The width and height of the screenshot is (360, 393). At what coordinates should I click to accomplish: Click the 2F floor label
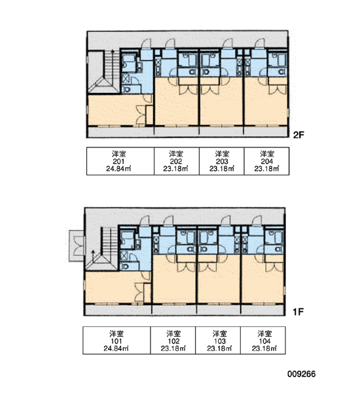[x=298, y=135]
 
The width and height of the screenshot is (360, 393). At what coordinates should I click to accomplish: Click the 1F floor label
[x=298, y=312]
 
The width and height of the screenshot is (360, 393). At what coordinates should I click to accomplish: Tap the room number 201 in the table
[x=118, y=161]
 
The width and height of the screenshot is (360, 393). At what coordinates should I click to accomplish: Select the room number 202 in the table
[x=175, y=161]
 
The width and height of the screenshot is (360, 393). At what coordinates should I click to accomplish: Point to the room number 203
[x=222, y=161]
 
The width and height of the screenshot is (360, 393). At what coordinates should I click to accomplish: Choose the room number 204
[x=267, y=161]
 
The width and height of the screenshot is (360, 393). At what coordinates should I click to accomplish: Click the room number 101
[x=117, y=341]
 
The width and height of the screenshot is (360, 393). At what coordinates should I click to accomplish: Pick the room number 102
[x=173, y=341]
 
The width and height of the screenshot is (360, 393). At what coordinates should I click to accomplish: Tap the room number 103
[x=220, y=341]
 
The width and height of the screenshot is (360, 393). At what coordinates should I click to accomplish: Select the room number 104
[x=264, y=341]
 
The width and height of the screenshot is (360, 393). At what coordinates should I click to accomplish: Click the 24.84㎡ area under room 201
[x=118, y=169]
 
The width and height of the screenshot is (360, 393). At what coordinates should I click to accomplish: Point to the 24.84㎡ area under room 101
[x=117, y=348]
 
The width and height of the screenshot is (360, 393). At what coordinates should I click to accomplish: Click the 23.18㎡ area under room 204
[x=267, y=169]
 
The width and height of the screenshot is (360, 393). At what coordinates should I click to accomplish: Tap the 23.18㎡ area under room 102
[x=173, y=348]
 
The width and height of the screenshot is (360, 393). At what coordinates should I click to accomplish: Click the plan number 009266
[x=301, y=374]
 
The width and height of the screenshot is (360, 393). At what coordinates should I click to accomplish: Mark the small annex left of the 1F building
[x=77, y=246]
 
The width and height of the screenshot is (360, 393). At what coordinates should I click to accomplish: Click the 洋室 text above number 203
[x=222, y=154]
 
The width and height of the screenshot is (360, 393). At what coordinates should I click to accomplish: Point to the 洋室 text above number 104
[x=264, y=333]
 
